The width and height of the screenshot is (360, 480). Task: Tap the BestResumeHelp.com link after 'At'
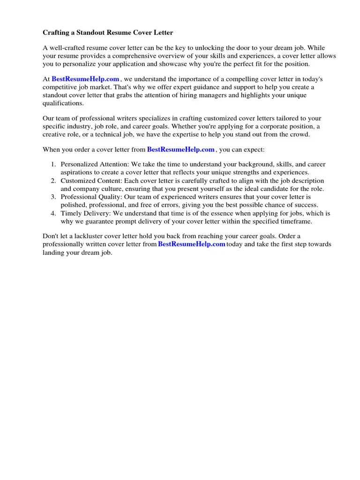pyautogui.click(x=85, y=79)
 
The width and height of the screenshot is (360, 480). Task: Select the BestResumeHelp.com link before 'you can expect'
pyautogui.click(x=180, y=150)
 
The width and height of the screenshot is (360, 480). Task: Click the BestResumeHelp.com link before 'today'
pyautogui.click(x=192, y=244)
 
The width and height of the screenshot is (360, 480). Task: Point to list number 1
pyautogui.click(x=53, y=165)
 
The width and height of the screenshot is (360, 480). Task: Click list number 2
pyautogui.click(x=53, y=181)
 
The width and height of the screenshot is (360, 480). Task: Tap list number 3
pyautogui.click(x=53, y=197)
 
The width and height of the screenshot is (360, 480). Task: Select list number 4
pyautogui.click(x=53, y=213)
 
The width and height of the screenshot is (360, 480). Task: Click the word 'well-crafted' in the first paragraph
pyautogui.click(x=67, y=48)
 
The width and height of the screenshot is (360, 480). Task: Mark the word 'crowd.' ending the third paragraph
pyautogui.click(x=300, y=135)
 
